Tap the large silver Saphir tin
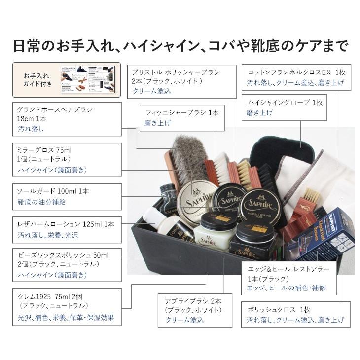(x=198, y=197)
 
